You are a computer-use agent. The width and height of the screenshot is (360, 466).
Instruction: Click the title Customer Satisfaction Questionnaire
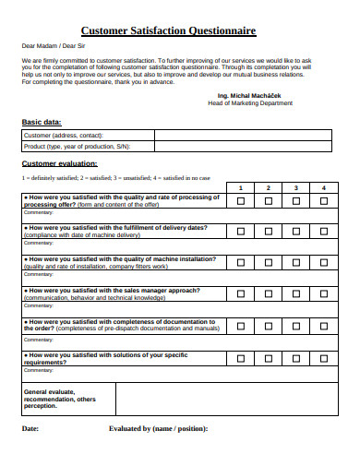(168, 30)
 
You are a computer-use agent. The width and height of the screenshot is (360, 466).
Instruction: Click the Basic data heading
(42, 122)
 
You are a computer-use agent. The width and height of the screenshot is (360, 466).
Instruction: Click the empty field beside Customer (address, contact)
(243, 136)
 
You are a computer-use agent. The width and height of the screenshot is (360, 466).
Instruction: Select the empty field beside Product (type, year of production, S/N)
(243, 146)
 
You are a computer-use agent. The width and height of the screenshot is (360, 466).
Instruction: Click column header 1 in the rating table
(241, 187)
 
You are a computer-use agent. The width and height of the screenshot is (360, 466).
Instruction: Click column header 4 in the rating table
(324, 187)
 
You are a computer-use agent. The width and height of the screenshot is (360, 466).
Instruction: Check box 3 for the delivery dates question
(296, 233)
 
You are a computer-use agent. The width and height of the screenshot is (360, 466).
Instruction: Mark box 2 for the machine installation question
(269, 263)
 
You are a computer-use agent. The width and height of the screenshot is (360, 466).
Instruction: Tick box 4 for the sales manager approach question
(324, 294)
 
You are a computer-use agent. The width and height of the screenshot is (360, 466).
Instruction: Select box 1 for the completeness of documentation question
(241, 325)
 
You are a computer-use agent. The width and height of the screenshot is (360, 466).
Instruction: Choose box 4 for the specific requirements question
(324, 358)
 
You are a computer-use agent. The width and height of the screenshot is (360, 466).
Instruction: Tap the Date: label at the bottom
(30, 428)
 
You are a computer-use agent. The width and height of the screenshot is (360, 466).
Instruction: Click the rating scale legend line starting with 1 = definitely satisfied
(115, 176)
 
